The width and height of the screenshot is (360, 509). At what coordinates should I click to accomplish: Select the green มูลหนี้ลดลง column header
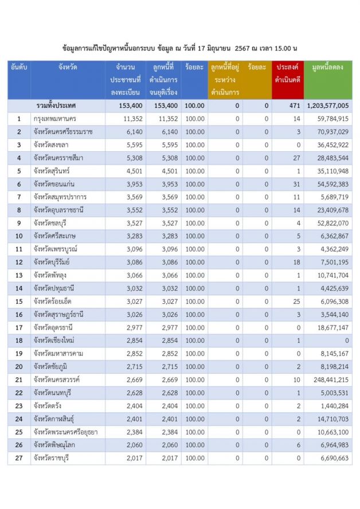(328, 68)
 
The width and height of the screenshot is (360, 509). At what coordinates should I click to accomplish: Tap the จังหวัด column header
(68, 68)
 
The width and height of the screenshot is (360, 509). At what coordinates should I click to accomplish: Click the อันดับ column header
(19, 68)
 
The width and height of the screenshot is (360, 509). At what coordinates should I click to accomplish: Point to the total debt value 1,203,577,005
(327, 106)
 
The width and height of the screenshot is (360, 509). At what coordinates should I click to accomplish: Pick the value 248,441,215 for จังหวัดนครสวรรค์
(330, 379)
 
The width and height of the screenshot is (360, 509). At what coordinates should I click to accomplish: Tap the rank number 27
(19, 457)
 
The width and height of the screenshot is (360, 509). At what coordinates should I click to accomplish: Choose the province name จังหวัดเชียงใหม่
(57, 340)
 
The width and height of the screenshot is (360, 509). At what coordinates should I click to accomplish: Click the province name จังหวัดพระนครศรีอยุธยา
(65, 432)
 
